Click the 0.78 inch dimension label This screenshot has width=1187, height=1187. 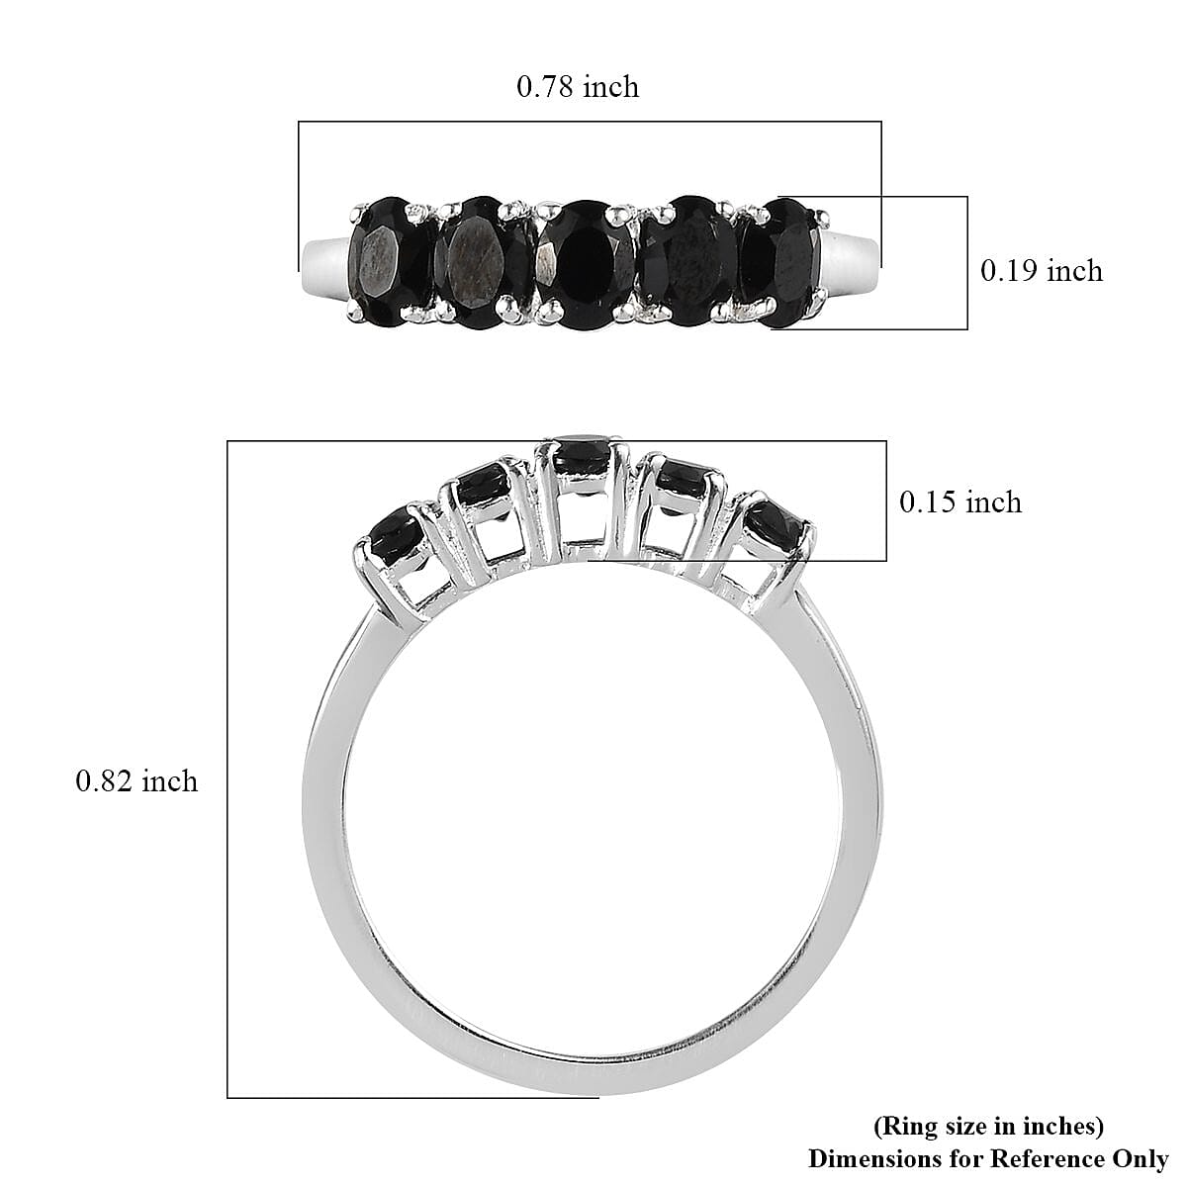click(578, 87)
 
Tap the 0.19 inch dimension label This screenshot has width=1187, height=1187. click(1041, 271)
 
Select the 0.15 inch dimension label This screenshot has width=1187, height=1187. click(959, 502)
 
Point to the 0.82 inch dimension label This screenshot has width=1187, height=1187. click(137, 781)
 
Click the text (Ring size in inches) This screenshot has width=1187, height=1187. click(988, 1126)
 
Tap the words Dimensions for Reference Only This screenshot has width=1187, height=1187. click(988, 1158)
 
